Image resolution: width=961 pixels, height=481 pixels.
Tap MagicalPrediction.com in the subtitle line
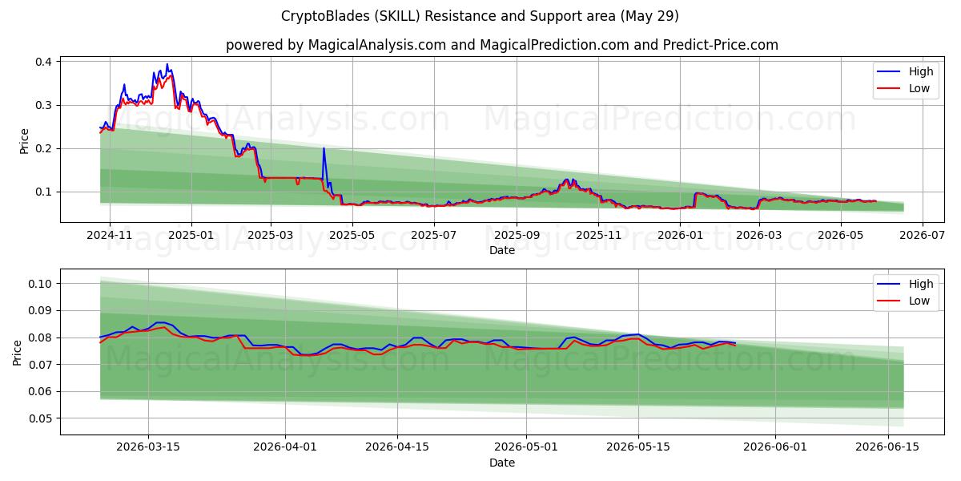click(x=554, y=45)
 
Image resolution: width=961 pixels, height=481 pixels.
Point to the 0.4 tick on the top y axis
click(x=43, y=62)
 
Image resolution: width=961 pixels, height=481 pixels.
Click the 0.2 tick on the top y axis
click(x=43, y=148)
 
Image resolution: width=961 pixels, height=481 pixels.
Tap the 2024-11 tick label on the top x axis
click(x=110, y=236)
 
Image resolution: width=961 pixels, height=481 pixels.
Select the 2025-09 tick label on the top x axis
click(x=517, y=236)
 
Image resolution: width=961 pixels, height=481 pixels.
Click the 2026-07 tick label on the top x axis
click(x=923, y=236)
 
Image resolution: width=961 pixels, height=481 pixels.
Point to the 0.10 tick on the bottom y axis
click(x=40, y=284)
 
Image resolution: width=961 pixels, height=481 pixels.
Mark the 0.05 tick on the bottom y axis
click(x=40, y=418)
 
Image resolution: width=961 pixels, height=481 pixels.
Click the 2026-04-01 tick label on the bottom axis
click(x=285, y=447)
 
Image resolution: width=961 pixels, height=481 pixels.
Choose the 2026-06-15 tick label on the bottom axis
click(x=887, y=447)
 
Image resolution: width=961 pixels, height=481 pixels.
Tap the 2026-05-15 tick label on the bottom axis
click(x=638, y=447)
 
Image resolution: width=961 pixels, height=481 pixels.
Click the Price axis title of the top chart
click(x=24, y=141)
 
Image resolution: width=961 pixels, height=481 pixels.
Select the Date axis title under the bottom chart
click(x=502, y=463)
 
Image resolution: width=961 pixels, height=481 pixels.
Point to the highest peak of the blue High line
click(x=167, y=64)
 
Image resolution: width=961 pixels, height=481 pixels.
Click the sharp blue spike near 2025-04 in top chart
click(x=324, y=148)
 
